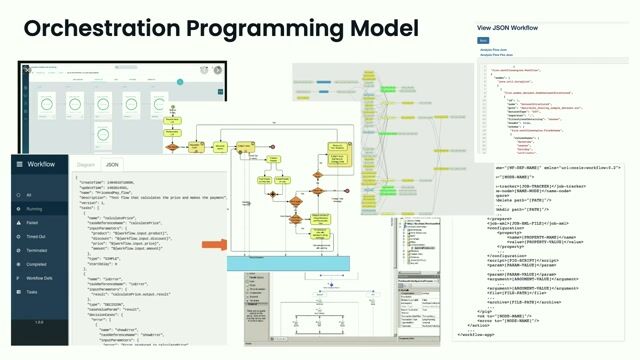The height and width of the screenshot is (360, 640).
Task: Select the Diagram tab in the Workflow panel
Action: tap(86, 163)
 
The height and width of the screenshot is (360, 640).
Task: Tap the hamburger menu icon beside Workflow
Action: tap(18, 164)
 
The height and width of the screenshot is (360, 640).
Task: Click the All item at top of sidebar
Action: tap(30, 195)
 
